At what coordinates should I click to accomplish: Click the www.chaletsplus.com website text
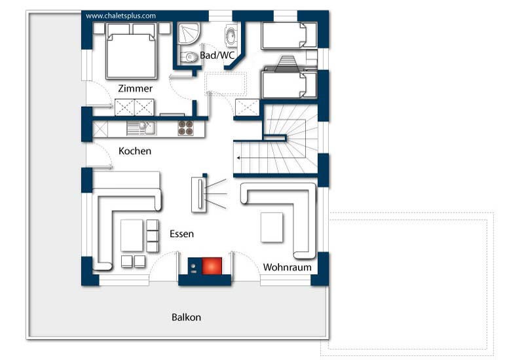pos(121,16)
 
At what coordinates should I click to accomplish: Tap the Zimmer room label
pos(136,88)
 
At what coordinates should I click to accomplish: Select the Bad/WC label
pos(217,56)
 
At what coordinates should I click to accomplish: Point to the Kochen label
pos(135,151)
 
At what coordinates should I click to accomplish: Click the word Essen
pos(181,234)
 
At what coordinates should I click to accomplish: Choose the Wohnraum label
pos(287,267)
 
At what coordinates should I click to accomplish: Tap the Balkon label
pos(186,317)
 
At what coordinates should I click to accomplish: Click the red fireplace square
pos(212,266)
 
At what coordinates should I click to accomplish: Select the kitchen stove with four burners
pos(185,128)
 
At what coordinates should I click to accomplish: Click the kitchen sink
pos(141,128)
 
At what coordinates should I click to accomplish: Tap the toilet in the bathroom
pos(189,58)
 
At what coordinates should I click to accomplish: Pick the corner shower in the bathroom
pos(189,33)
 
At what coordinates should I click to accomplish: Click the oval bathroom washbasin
pos(231,35)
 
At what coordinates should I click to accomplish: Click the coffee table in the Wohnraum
pos(272,227)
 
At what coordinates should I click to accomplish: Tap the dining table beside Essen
pos(132,236)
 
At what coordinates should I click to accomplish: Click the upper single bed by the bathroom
pos(289,35)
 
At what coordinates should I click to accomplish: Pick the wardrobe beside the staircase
pos(248,108)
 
